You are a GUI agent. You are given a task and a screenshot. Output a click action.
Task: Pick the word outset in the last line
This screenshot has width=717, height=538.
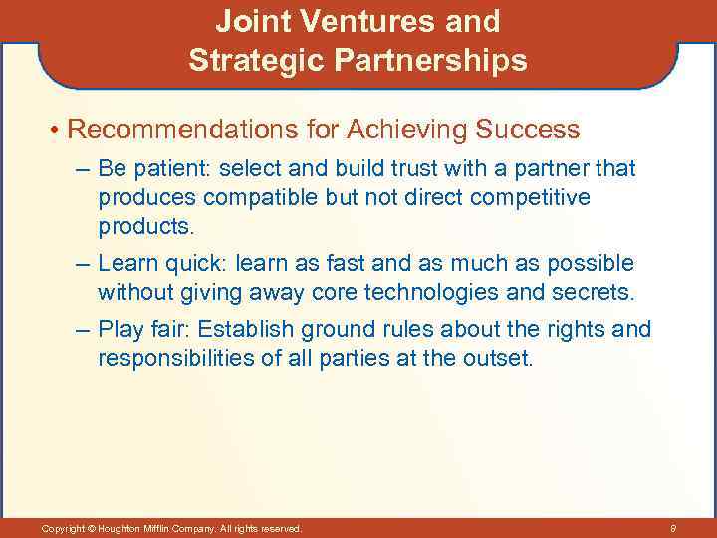501,357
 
